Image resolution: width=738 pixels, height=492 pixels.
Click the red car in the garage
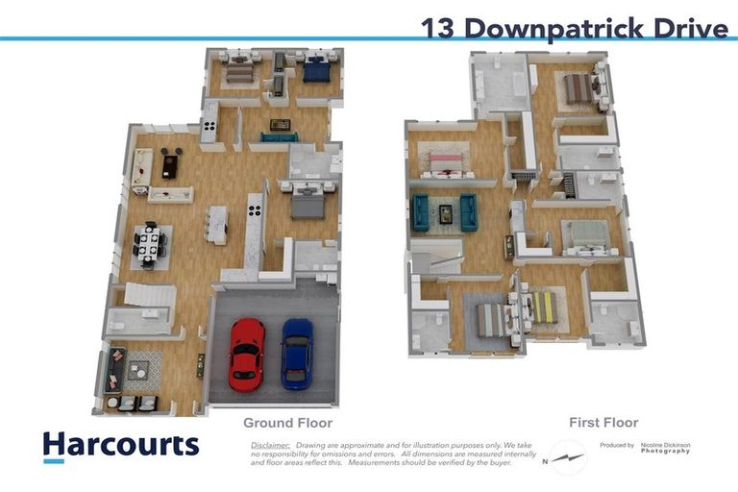click(x=247, y=352)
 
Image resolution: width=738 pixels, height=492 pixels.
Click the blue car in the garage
click(x=296, y=352)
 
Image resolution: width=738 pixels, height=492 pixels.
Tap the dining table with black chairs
click(x=150, y=243)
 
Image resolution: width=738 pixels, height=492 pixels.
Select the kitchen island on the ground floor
click(x=217, y=224)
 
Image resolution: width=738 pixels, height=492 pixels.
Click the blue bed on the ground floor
click(x=316, y=71)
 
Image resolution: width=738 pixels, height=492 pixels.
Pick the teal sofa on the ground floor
click(x=280, y=137)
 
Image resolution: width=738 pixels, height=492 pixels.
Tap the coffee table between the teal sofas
click(x=446, y=213)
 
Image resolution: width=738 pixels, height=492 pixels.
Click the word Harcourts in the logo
click(x=121, y=445)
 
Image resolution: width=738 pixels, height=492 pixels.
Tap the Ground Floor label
click(x=287, y=423)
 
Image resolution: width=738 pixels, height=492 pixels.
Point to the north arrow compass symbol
click(x=568, y=457)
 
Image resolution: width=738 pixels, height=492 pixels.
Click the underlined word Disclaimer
click(x=270, y=446)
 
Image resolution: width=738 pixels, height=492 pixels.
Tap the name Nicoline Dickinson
click(x=665, y=446)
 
